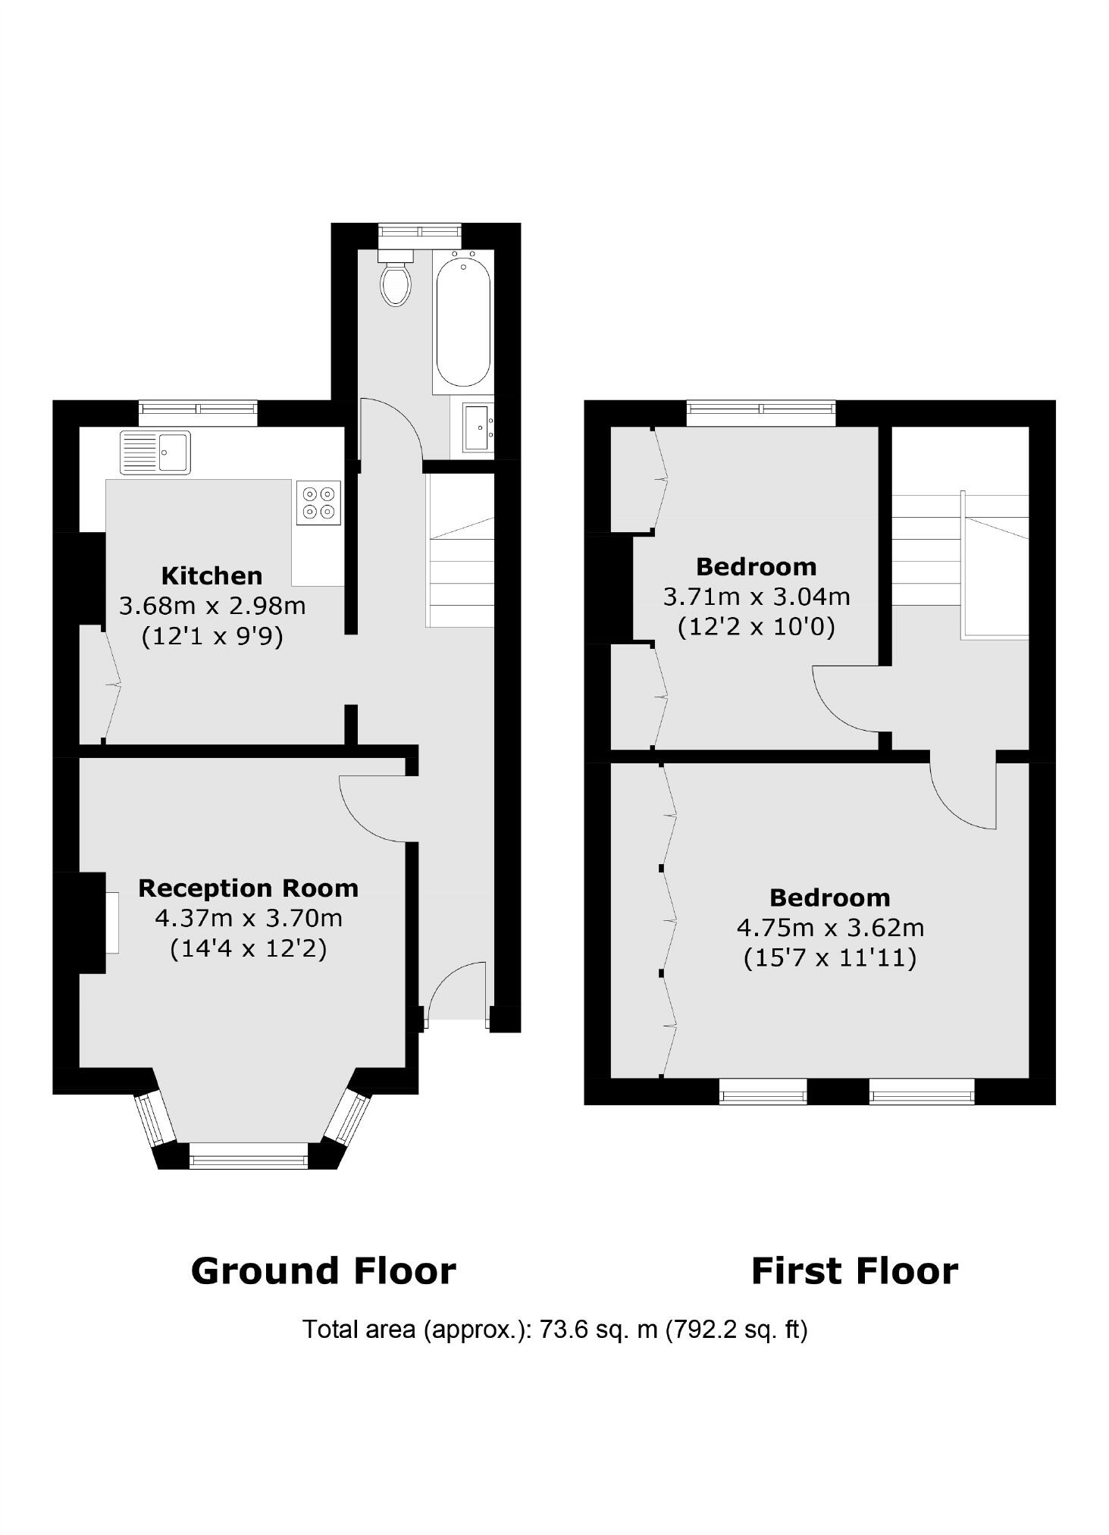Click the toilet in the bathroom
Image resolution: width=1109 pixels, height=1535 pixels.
pyautogui.click(x=396, y=281)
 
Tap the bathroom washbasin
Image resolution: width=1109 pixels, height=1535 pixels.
pyautogui.click(x=478, y=428)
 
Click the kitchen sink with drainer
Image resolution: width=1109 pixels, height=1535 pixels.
pyautogui.click(x=155, y=452)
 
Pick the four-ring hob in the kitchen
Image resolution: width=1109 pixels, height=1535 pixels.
pyautogui.click(x=319, y=503)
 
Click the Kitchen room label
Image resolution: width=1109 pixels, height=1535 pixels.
pyautogui.click(x=212, y=575)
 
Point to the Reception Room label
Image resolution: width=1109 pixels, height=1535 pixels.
pyautogui.click(x=248, y=888)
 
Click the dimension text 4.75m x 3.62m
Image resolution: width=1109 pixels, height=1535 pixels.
pyautogui.click(x=830, y=928)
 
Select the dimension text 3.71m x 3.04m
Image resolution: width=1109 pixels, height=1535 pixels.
pyautogui.click(x=757, y=597)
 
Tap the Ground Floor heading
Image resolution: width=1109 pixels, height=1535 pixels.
pyautogui.click(x=323, y=1271)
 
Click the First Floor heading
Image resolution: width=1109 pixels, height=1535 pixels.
pyautogui.click(x=854, y=1271)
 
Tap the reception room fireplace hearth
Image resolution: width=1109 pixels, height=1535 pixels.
pyautogui.click(x=111, y=923)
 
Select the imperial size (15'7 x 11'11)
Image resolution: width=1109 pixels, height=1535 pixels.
pyautogui.click(x=830, y=958)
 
